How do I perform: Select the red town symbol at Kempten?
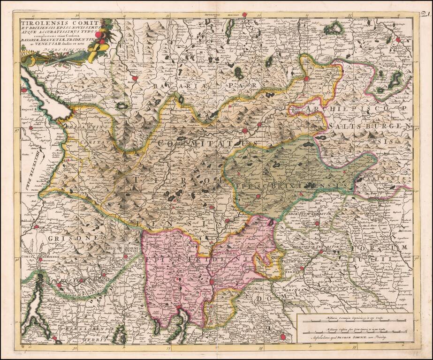pyautogui.click(x=135, y=78)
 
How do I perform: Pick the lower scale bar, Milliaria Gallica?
pyautogui.click(x=354, y=330)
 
